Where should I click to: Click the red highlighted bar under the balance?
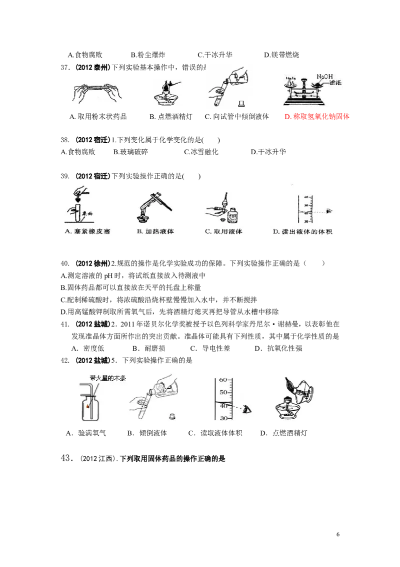coord(317,116)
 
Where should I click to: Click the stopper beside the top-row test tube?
coord(241,104)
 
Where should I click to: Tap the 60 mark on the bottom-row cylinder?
coord(223,380)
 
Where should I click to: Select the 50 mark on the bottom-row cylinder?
coord(223,393)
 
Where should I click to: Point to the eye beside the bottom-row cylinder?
coord(247,410)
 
